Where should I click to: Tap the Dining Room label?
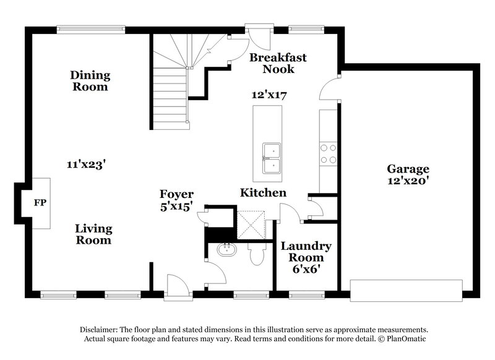click(90, 81)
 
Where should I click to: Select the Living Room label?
click(93, 234)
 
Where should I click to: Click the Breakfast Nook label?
click(278, 63)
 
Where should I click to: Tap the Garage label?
click(408, 168)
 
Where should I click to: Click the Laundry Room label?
click(306, 252)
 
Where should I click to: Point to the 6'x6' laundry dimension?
click(306, 269)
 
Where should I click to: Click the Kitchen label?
click(263, 193)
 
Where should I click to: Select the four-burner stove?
click(327, 152)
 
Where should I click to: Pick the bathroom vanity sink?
click(226, 251)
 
